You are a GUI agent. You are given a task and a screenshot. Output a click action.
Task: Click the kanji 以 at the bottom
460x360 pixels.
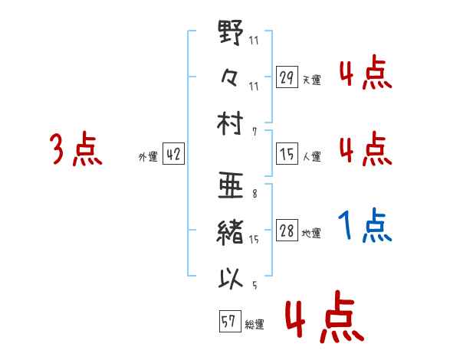click(x=231, y=277)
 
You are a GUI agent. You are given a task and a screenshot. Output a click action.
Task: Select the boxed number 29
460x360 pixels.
click(x=287, y=77)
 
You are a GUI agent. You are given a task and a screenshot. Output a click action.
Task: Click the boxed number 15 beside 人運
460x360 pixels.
click(x=287, y=155)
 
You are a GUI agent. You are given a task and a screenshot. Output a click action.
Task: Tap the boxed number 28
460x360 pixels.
click(x=287, y=231)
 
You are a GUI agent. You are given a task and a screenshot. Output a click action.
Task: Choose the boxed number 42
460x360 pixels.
click(x=173, y=155)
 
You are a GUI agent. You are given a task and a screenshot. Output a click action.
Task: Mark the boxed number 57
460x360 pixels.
click(x=229, y=322)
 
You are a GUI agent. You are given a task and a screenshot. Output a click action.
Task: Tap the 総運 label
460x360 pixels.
click(x=254, y=325)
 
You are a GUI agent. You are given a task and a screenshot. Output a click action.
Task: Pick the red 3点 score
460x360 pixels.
click(x=76, y=149)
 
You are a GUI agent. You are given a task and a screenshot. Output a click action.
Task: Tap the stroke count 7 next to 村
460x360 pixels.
click(x=254, y=132)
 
